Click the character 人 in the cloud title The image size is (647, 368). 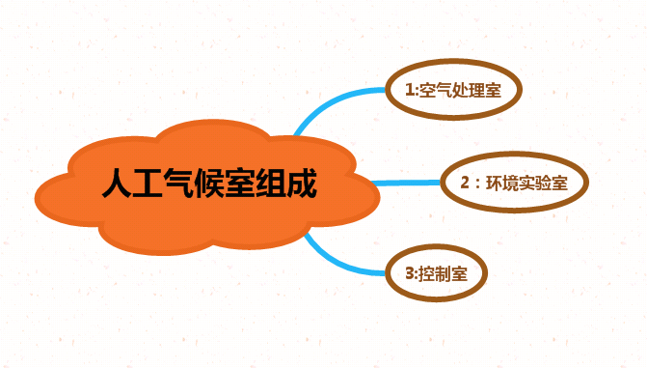click(117, 184)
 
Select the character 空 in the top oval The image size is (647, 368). click(428, 90)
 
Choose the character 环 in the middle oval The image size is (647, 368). click(495, 182)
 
